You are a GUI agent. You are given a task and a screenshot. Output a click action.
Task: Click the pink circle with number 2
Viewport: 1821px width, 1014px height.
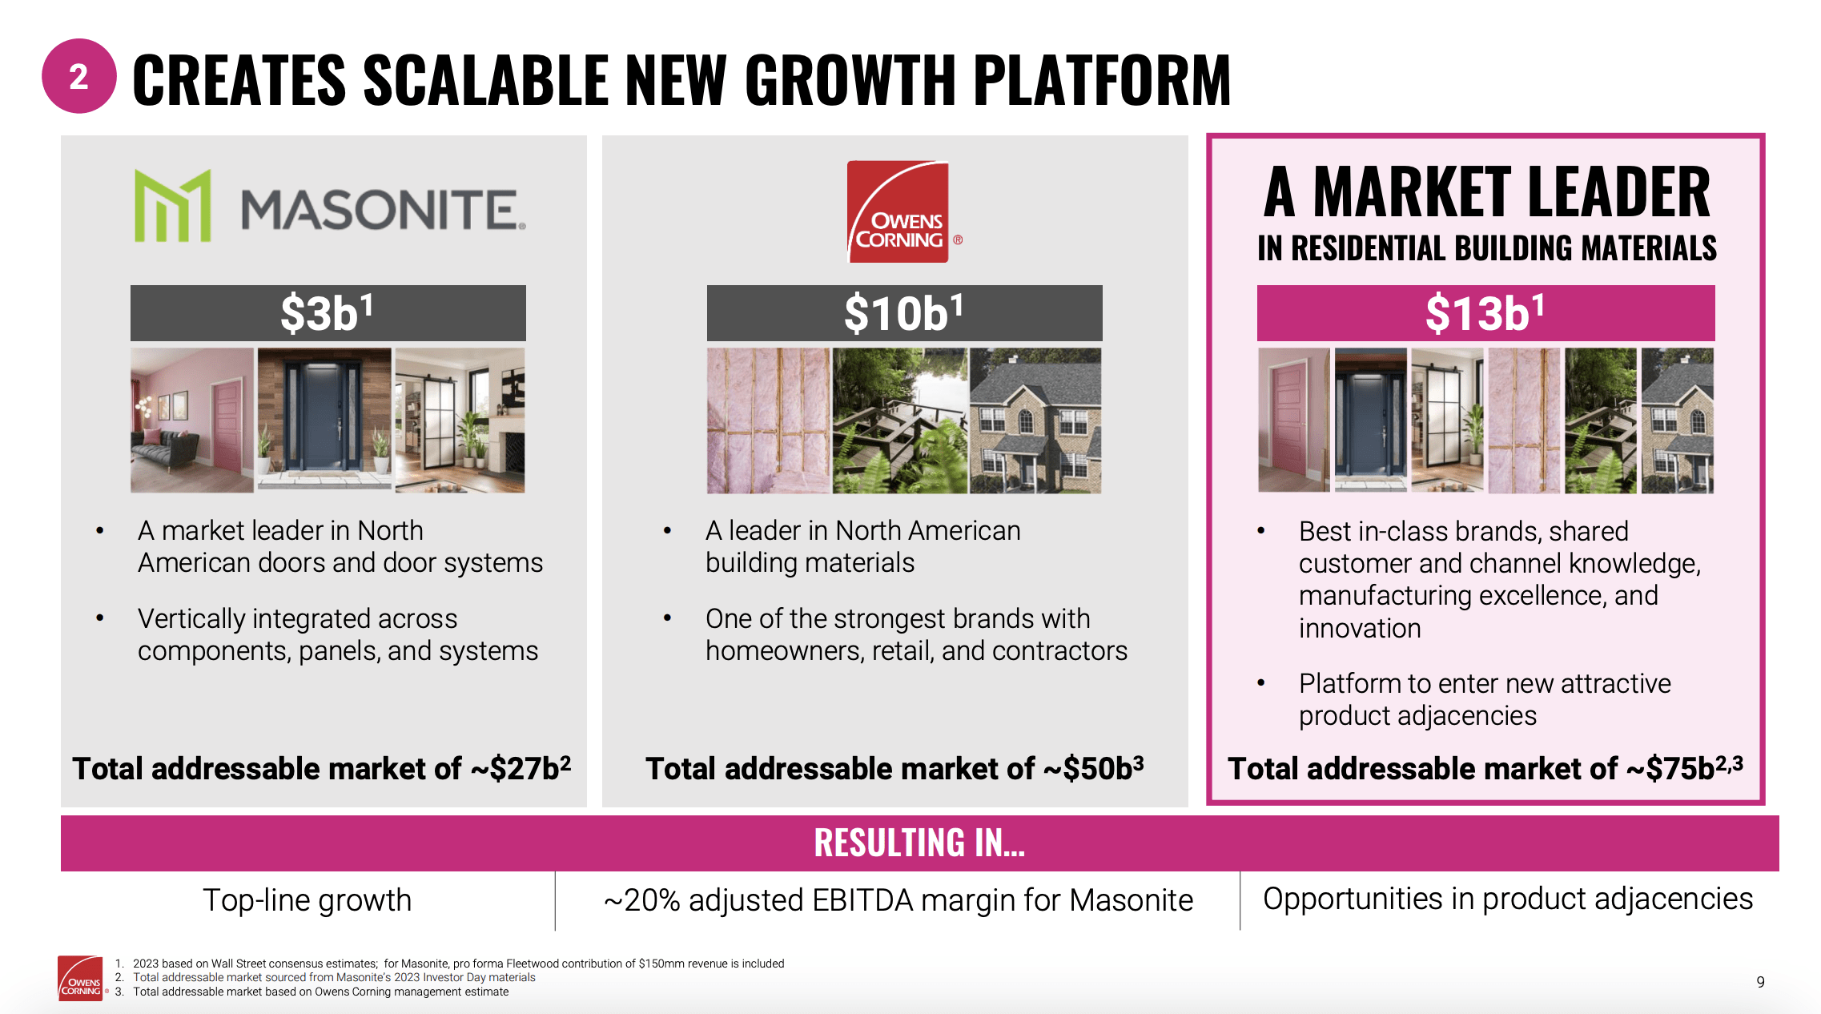[78, 76]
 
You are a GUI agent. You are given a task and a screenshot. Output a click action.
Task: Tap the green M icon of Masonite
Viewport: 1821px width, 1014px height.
[172, 205]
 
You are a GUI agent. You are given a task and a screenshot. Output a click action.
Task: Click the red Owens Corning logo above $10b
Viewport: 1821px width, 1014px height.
[898, 211]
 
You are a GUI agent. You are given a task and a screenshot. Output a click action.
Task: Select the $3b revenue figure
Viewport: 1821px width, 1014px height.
[327, 312]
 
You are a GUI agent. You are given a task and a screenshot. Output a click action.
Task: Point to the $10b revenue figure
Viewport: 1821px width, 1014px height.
[903, 312]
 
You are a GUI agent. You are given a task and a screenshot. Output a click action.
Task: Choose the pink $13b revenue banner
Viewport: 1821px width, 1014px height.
[1485, 312]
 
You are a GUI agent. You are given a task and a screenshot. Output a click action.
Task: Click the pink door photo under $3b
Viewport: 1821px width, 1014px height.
[192, 420]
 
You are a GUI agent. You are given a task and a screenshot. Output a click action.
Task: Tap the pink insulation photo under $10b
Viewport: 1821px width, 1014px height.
[769, 420]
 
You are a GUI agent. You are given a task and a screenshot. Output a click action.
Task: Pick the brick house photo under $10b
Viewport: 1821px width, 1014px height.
[1035, 420]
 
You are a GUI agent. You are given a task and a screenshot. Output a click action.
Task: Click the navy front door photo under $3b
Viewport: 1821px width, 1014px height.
[324, 420]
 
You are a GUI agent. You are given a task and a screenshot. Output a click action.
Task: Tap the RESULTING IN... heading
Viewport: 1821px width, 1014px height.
[919, 843]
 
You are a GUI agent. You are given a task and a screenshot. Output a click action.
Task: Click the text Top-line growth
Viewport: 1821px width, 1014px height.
[307, 900]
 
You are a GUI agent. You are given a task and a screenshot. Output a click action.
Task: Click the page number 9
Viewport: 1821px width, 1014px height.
[1761, 982]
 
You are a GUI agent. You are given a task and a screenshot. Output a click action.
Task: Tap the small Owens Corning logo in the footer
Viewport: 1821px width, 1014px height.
[80, 978]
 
